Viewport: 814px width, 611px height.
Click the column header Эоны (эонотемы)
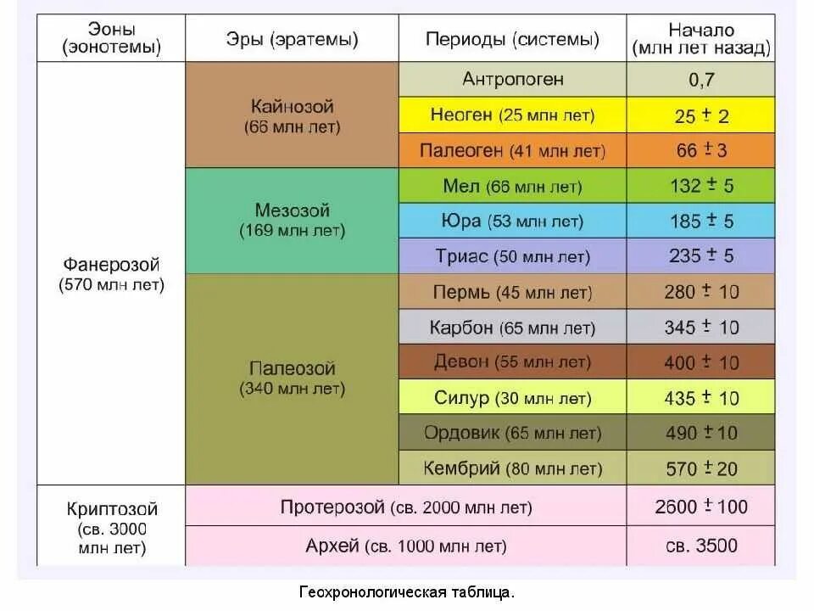tap(111, 39)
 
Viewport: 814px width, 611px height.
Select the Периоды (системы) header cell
tap(512, 39)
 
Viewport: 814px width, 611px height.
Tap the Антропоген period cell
tap(513, 80)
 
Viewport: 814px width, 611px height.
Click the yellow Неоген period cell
tap(513, 115)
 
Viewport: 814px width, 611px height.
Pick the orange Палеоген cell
tap(513, 151)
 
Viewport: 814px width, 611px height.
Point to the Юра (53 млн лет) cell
tap(513, 221)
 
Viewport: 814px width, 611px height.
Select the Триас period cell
tap(513, 256)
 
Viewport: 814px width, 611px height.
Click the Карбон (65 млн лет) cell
tap(513, 327)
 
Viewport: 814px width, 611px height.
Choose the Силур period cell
tap(513, 397)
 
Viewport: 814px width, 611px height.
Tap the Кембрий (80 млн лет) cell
tap(513, 468)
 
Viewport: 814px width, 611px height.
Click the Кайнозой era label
tap(293, 116)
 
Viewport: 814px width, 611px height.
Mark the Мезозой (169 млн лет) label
tap(293, 220)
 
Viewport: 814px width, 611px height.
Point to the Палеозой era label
tap(293, 378)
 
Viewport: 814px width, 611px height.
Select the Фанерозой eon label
tap(111, 274)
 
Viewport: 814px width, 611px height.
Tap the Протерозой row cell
tap(406, 507)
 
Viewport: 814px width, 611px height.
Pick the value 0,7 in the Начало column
tap(701, 80)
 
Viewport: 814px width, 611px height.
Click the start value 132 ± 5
tap(701, 186)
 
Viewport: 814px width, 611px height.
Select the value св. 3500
tap(701, 546)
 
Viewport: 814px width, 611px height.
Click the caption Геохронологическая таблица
tap(406, 591)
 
